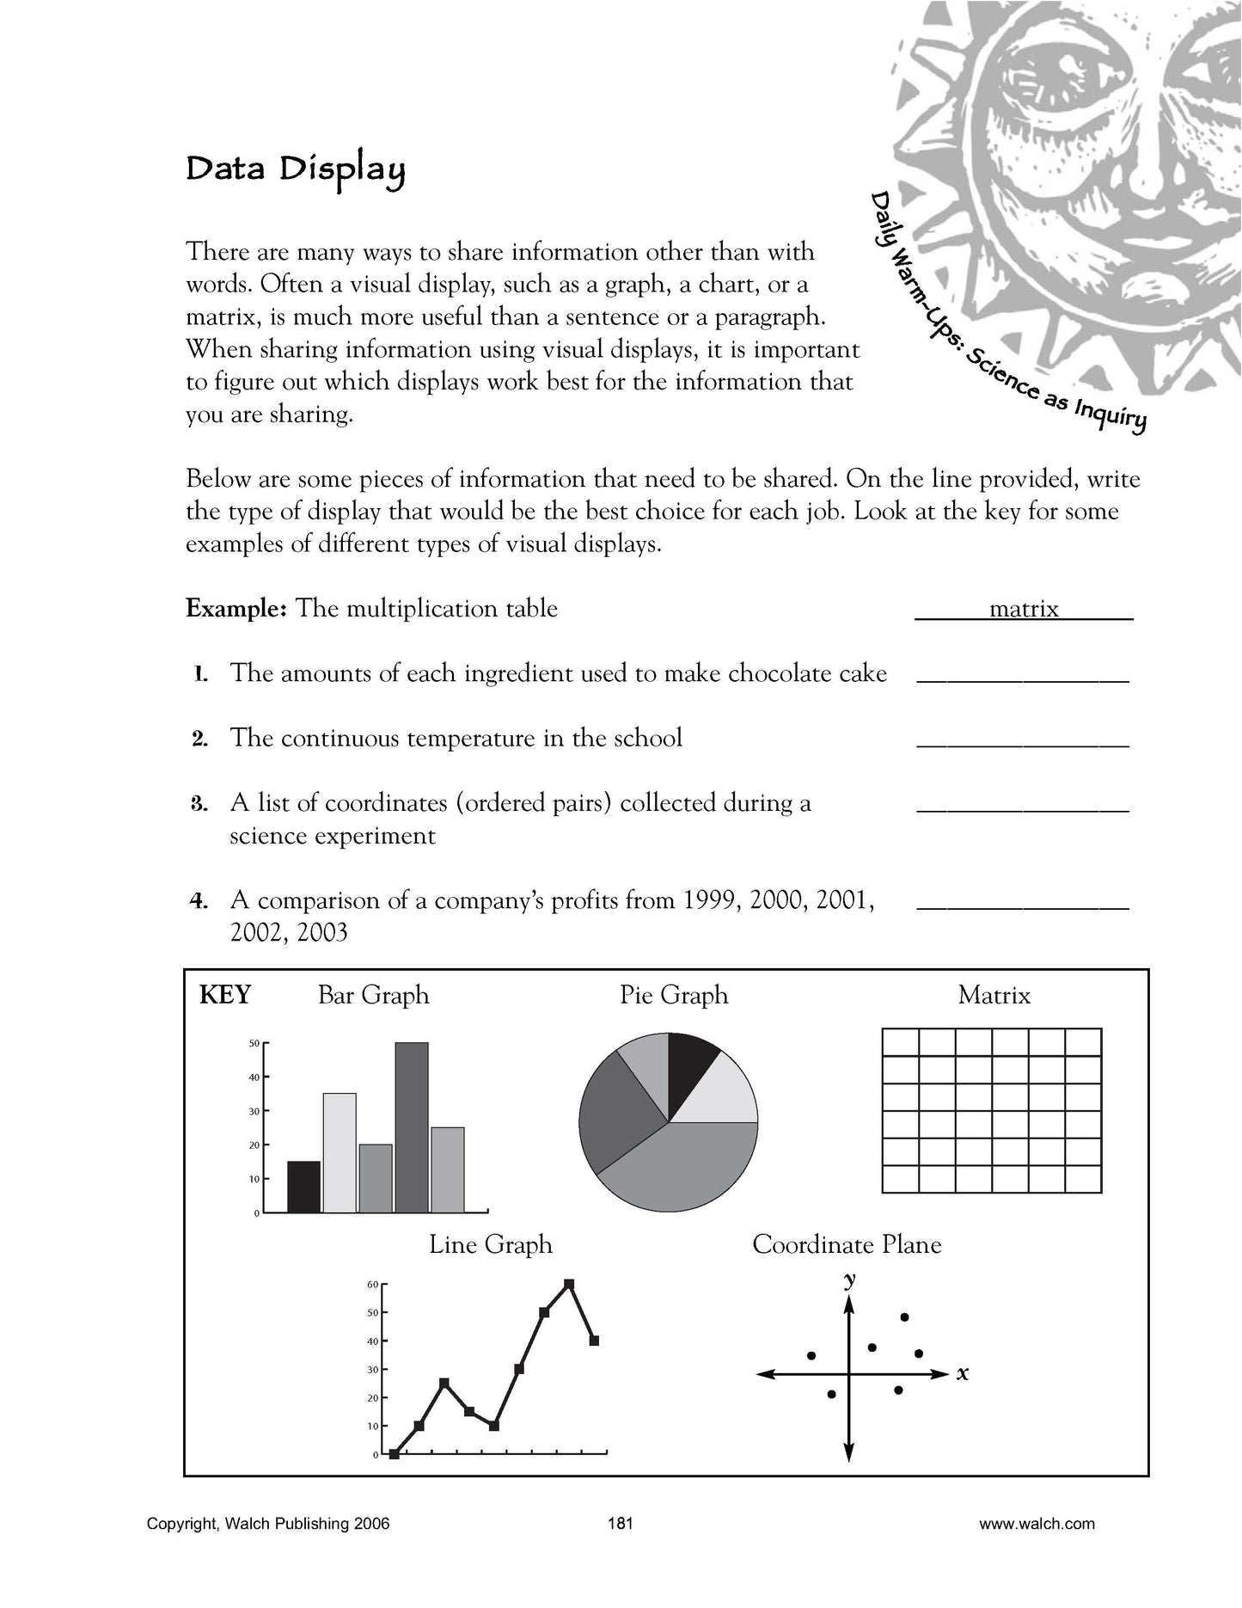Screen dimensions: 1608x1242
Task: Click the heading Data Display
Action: (295, 169)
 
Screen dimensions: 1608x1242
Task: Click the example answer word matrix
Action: (1024, 609)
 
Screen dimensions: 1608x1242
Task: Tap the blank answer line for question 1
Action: (1023, 678)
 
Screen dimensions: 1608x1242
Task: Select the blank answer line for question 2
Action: (1023, 744)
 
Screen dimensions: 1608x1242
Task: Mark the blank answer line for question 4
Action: (1023, 905)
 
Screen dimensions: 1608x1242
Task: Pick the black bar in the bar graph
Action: (303, 1187)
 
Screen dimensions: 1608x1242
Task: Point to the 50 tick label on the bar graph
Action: (254, 1044)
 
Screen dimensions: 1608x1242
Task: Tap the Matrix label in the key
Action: (994, 996)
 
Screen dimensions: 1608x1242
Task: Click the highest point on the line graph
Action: (569, 1284)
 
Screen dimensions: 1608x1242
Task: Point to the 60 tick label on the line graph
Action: (373, 1285)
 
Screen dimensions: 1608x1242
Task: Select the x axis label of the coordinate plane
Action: (963, 1374)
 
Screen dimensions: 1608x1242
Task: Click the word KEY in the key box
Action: (225, 995)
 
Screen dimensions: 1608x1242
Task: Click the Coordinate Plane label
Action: (847, 1244)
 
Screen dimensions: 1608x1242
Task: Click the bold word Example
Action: (236, 609)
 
